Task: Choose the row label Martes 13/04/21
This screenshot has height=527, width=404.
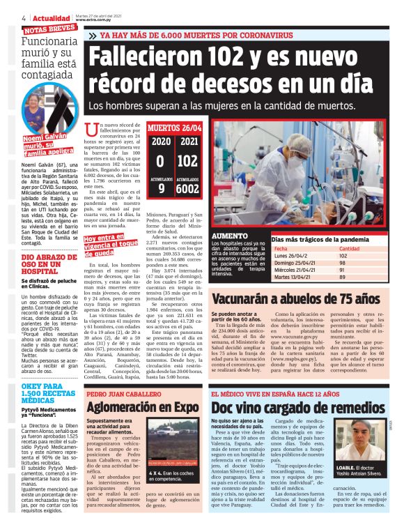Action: pos(293,277)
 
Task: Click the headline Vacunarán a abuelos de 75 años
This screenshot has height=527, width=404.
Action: pos(296,298)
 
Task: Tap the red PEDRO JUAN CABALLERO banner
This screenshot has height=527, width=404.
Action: pos(121,393)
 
